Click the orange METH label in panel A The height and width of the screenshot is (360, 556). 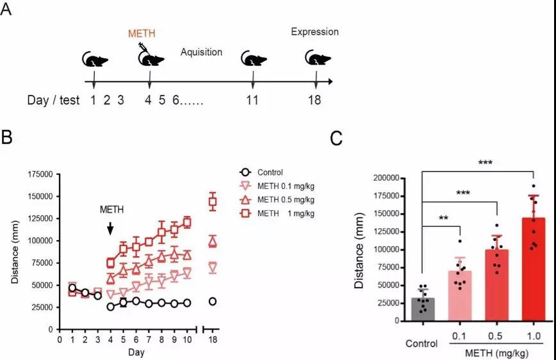[x=142, y=33]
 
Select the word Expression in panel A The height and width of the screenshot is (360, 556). [x=315, y=32]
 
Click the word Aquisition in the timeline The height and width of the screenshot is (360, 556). [x=201, y=52]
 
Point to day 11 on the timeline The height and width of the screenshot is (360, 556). [x=253, y=101]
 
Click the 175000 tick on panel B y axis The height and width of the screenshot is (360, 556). [x=40, y=174]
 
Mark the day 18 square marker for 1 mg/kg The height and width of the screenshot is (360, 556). [x=213, y=202]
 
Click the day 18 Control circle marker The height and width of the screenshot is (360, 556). [x=213, y=301]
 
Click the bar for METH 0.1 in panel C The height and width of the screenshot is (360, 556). [x=459, y=295]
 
